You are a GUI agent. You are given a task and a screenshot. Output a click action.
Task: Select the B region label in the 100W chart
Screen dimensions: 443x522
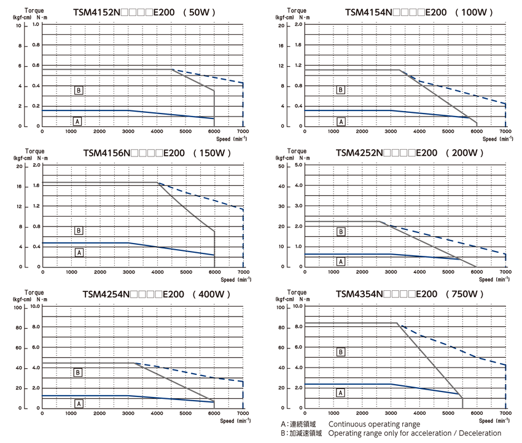[341, 90]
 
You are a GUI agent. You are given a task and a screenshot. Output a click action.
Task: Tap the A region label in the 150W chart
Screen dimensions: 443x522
[79, 252]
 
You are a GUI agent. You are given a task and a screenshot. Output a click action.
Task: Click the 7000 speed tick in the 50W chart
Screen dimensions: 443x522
[243, 131]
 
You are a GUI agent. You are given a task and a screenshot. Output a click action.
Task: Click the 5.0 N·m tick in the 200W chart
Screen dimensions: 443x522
[298, 166]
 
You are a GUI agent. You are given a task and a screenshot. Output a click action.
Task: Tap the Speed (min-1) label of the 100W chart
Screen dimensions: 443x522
[497, 139]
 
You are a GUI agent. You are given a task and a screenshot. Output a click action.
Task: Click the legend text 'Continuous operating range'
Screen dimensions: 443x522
[374, 424]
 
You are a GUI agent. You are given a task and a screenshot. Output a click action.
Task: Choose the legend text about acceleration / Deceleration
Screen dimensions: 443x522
[415, 434]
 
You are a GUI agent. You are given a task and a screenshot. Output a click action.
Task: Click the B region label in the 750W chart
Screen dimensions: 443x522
[341, 352]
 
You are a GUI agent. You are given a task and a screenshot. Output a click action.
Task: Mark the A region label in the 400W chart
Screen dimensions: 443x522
[79, 403]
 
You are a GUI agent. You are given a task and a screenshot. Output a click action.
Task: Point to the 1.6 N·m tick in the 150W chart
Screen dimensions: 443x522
[36, 186]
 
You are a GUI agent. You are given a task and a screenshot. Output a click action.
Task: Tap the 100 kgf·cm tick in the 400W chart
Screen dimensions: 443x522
[18, 306]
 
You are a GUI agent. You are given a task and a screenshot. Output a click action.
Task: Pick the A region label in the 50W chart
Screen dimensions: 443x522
[77, 121]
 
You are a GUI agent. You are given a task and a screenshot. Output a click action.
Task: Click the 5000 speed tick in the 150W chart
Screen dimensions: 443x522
[185, 272]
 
